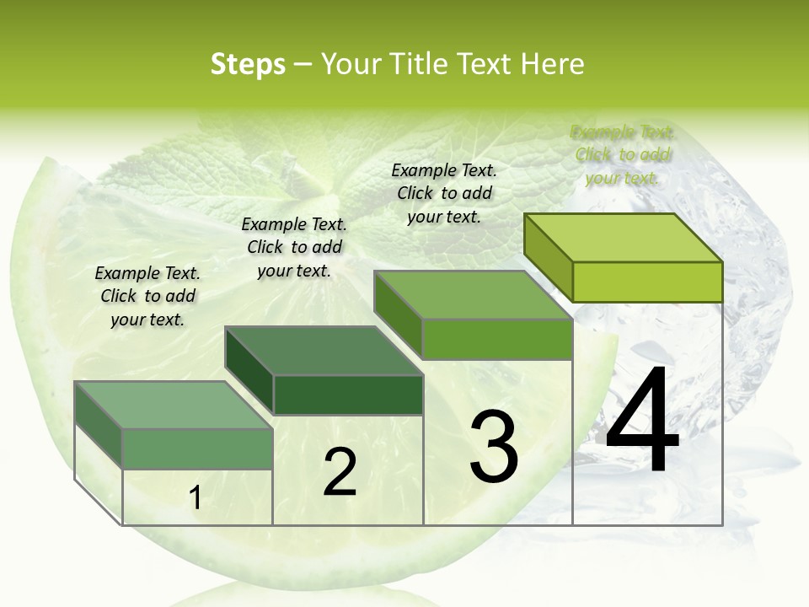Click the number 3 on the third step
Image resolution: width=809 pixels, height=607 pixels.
point(494,446)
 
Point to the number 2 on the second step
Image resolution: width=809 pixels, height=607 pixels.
point(340,472)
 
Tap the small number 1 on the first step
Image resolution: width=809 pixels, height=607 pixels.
point(196,498)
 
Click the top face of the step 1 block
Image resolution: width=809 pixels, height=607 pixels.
point(174,405)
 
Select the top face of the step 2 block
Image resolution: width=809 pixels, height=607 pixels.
point(324,351)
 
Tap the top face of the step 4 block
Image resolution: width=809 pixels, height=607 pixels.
point(624,238)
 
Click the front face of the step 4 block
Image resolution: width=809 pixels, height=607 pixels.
point(647,282)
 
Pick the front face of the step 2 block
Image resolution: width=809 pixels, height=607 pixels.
point(348,395)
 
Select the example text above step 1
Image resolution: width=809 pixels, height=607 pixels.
point(147,296)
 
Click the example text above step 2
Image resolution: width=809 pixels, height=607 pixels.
point(294,247)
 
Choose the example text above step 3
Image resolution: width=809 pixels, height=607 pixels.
point(444,193)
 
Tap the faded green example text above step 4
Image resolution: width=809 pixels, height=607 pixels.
point(623,154)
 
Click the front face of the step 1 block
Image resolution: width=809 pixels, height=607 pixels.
point(198,449)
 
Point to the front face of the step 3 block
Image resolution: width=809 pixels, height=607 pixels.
point(497,340)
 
